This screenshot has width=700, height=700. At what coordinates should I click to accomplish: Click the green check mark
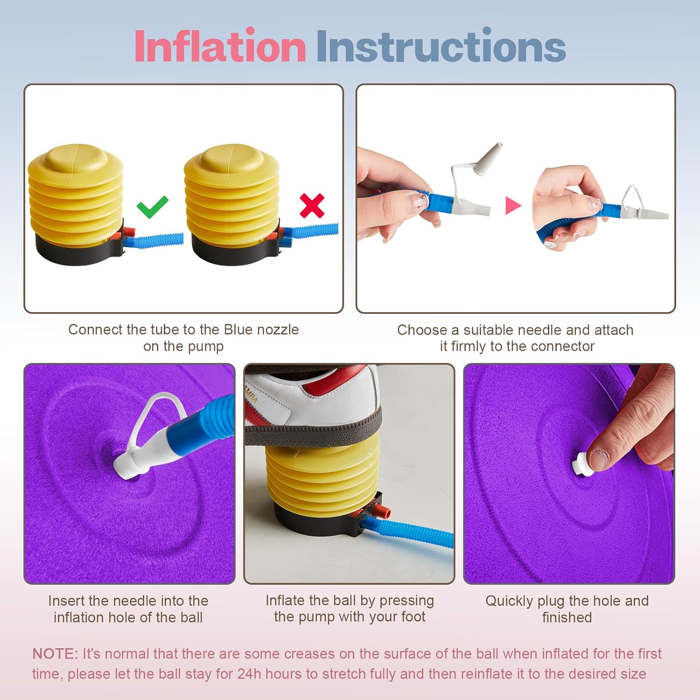[152, 207]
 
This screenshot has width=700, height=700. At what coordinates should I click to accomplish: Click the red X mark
[312, 206]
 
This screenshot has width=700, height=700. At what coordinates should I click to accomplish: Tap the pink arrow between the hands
[513, 205]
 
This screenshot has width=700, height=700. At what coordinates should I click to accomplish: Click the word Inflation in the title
[220, 46]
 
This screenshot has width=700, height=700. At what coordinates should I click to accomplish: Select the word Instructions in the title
[441, 46]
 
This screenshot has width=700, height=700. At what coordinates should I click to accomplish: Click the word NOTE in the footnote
[55, 654]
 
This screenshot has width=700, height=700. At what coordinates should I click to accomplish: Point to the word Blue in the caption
[238, 329]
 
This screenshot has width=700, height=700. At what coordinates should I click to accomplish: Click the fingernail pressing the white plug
[598, 458]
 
